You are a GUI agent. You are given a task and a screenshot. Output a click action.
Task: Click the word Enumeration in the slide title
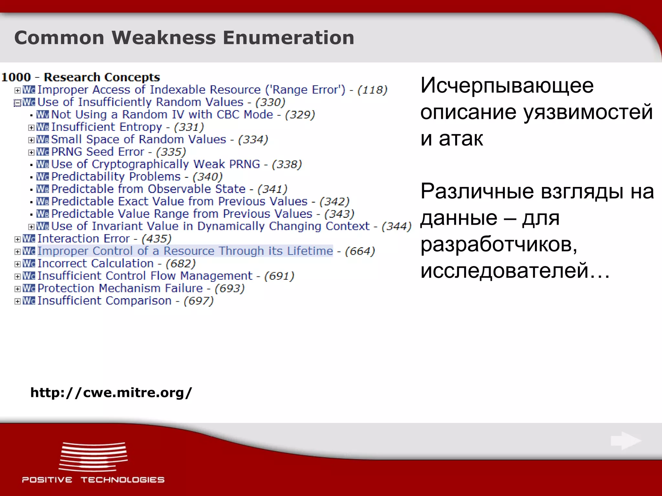click(x=288, y=37)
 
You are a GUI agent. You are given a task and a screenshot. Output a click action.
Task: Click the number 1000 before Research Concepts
click(x=16, y=77)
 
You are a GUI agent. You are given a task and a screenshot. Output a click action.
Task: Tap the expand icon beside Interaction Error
click(x=17, y=239)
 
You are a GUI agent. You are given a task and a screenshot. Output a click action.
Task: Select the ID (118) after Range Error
click(x=372, y=90)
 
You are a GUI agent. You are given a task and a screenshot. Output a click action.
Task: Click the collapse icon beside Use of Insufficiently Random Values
click(x=17, y=103)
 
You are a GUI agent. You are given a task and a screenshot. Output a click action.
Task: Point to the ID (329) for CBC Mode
click(x=300, y=115)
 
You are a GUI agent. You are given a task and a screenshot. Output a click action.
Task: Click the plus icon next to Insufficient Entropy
click(x=31, y=128)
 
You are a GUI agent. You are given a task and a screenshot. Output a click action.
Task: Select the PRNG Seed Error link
click(x=98, y=152)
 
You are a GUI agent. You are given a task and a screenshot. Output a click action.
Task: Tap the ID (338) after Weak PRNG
click(x=287, y=164)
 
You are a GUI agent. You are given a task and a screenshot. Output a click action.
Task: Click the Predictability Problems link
click(x=116, y=177)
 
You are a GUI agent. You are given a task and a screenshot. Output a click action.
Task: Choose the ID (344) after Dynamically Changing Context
click(x=396, y=226)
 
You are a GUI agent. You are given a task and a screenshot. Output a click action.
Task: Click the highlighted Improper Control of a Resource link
click(x=185, y=251)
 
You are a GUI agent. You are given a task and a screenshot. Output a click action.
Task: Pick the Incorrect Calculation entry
click(x=95, y=263)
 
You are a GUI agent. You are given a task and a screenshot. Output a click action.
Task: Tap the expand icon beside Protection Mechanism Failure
click(x=17, y=289)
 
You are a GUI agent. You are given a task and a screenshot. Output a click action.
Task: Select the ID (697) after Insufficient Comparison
click(x=198, y=301)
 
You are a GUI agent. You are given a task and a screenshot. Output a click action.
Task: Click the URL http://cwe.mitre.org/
click(x=111, y=393)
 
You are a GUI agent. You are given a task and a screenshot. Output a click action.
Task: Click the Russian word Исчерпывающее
click(x=507, y=86)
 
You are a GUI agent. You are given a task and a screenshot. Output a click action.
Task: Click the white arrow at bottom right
click(x=625, y=441)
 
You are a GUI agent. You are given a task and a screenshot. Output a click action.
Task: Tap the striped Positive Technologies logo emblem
click(x=93, y=457)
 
